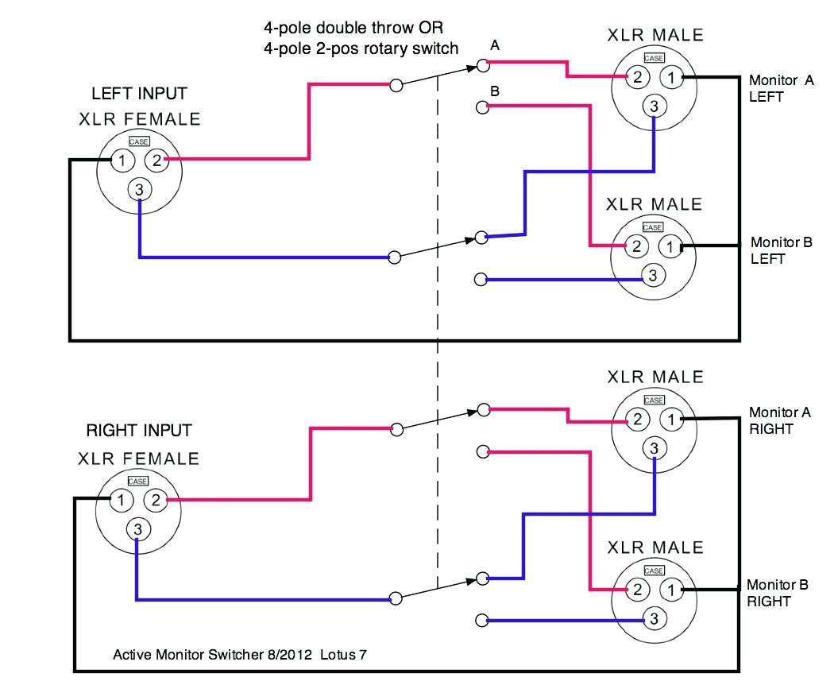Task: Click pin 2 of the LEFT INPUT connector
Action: coord(156,161)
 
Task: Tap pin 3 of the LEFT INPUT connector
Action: coord(139,189)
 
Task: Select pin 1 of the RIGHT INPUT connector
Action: coord(120,500)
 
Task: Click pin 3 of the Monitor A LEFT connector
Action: coord(654,105)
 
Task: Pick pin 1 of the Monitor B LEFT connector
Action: coord(670,246)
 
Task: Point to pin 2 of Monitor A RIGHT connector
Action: coord(636,419)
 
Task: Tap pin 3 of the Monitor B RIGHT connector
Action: coord(654,618)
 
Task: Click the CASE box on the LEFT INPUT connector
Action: coord(139,141)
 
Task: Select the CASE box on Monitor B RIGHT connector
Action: coord(654,571)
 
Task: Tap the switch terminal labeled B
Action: coord(481,106)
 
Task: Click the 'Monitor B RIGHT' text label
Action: coord(777,593)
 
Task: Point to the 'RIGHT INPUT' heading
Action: coord(138,431)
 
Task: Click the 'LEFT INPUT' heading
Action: coord(139,93)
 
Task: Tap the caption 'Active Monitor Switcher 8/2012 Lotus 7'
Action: coord(239,655)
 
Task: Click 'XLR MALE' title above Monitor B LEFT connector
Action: coord(654,204)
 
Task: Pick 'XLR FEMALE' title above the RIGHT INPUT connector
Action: coord(139,459)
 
